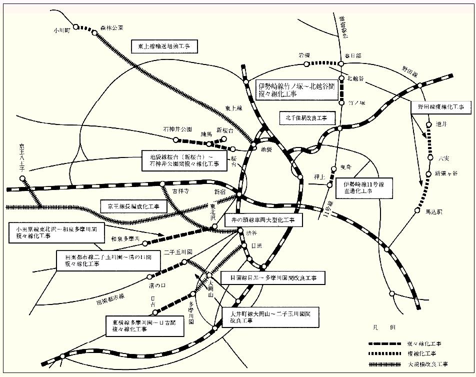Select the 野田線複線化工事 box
pyautogui.click(x=440, y=107)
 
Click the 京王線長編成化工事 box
pyautogui.click(x=130, y=206)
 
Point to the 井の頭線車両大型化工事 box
pyautogui.click(x=263, y=219)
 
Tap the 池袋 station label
pyautogui.click(x=265, y=148)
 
